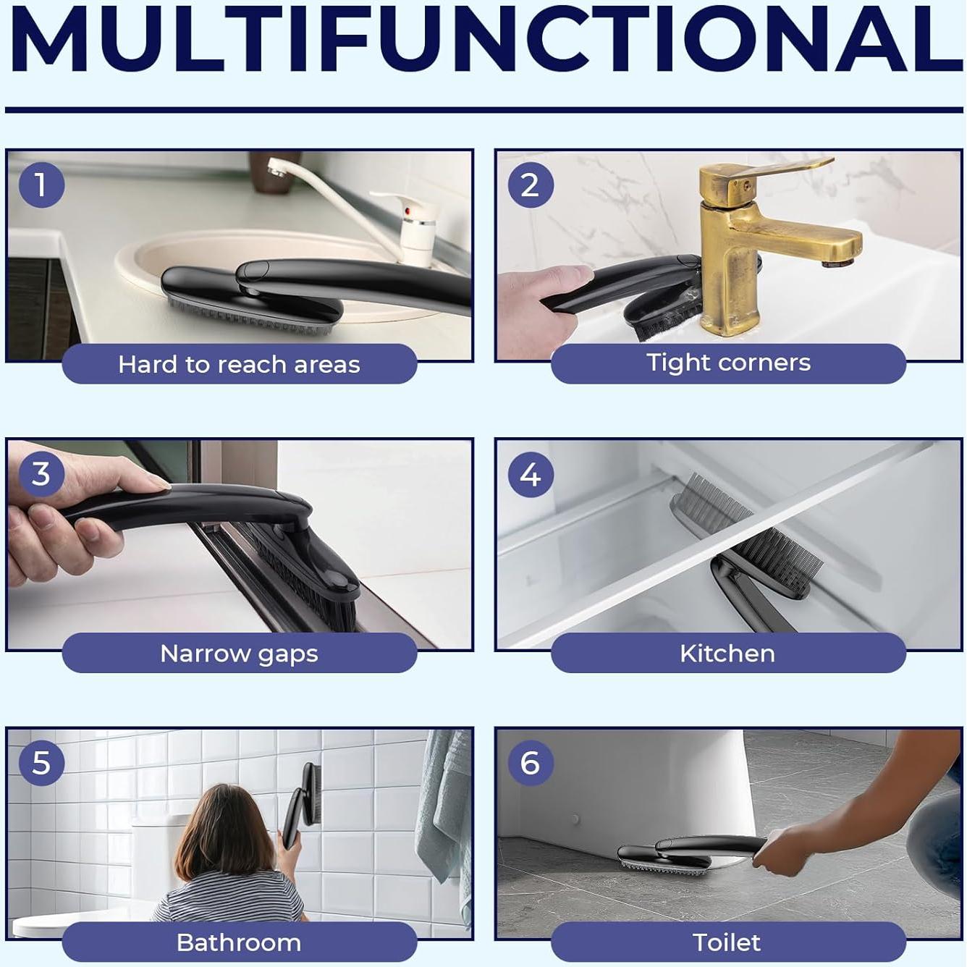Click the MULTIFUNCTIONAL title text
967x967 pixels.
[x=483, y=39]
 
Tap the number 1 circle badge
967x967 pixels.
[x=42, y=185]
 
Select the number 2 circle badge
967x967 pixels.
[x=531, y=185]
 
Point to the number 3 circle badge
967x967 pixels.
[x=42, y=473]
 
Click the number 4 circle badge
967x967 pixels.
[x=531, y=473]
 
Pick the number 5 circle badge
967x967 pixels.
[x=42, y=763]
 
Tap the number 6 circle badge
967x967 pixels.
[x=531, y=763]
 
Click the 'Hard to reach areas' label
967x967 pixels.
[x=240, y=364]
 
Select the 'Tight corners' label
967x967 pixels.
[x=728, y=363]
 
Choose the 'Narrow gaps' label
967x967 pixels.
[x=240, y=654]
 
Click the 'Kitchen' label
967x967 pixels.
[x=727, y=654]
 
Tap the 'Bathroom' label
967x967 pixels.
[x=239, y=942]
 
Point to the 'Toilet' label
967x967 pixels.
[x=727, y=942]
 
